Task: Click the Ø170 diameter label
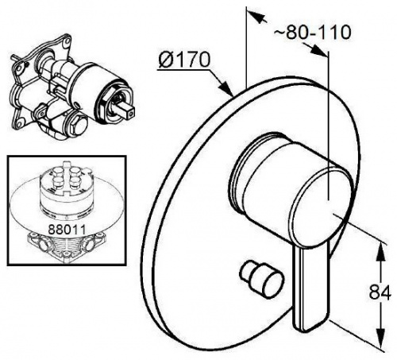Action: pyautogui.click(x=184, y=60)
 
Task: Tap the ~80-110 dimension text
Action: pyautogui.click(x=312, y=32)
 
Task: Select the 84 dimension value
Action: pyautogui.click(x=380, y=292)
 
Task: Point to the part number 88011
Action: pyautogui.click(x=67, y=229)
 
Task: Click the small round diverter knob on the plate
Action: pyautogui.click(x=261, y=279)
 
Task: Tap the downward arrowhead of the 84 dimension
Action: pyautogui.click(x=380, y=335)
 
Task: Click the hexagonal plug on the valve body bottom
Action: pyautogui.click(x=79, y=126)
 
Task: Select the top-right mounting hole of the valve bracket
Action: pyautogui.click(x=67, y=41)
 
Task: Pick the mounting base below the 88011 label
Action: pyautogui.click(x=65, y=247)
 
